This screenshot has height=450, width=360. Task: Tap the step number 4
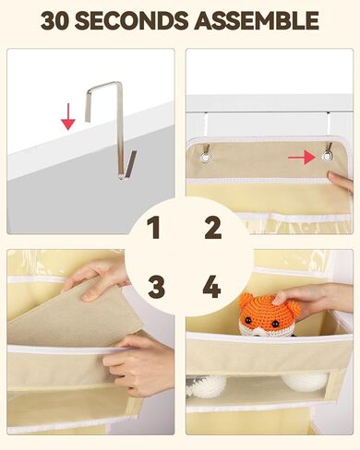point(211,287)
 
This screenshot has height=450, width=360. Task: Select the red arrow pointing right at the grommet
point(301,158)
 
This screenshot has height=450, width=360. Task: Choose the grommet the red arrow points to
point(328,158)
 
